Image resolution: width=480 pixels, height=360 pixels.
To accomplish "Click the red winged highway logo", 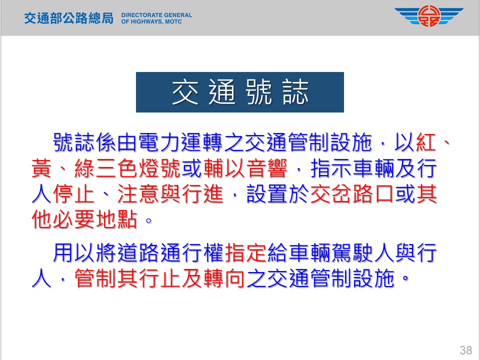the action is [x=429, y=16].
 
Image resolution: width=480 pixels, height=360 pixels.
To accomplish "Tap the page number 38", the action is [x=465, y=350].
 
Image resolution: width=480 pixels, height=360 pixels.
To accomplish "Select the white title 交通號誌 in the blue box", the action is [x=240, y=92].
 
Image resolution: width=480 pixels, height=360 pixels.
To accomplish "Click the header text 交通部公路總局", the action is [x=69, y=18].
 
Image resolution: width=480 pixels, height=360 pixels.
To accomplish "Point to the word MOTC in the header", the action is [x=173, y=21].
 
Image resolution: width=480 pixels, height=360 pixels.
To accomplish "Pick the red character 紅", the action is [x=426, y=142].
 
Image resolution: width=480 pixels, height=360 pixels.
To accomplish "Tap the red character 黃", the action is [x=41, y=168].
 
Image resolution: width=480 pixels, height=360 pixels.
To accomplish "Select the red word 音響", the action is [x=267, y=168].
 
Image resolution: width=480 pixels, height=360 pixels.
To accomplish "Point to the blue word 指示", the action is [x=331, y=168].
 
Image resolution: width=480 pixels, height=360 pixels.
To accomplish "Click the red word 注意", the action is [x=138, y=194].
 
